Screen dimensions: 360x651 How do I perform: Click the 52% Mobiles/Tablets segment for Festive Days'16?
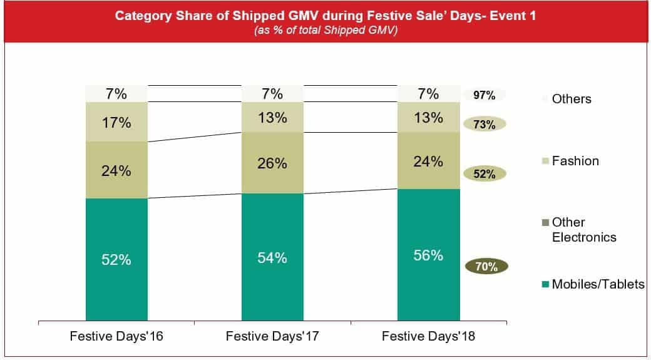coord(116,259)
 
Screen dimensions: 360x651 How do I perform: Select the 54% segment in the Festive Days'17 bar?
coord(272,257)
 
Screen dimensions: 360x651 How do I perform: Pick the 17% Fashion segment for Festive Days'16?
coord(116,122)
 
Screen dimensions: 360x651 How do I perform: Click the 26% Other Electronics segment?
coord(272,163)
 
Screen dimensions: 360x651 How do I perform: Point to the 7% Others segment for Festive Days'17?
coord(272,94)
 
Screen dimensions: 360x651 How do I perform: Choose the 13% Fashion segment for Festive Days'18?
coord(428,117)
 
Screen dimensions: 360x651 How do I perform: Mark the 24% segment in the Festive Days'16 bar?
coord(116,170)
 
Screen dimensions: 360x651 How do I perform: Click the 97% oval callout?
coord(484,96)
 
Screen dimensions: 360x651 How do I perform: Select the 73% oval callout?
coord(484,125)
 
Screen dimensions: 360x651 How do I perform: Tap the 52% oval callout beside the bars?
coord(484,174)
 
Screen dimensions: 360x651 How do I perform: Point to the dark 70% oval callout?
coord(486,267)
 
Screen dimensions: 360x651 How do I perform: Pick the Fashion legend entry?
coord(574,161)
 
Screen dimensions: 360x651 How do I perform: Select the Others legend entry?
coord(570,99)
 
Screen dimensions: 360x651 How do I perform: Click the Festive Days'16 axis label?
coord(116,337)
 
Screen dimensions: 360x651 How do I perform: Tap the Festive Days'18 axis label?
coord(428,337)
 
